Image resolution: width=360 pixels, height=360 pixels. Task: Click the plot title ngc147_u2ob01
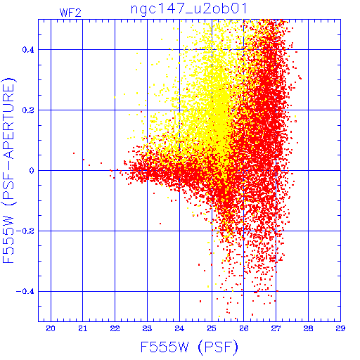click(x=188, y=9)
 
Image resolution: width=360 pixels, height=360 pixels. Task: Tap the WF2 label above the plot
click(x=70, y=13)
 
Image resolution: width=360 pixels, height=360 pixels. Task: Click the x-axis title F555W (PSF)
click(x=189, y=347)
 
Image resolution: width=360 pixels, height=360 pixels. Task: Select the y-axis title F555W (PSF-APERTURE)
click(x=8, y=171)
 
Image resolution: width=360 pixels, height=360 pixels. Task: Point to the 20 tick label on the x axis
click(x=51, y=328)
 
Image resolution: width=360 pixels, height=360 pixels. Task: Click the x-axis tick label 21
click(x=83, y=328)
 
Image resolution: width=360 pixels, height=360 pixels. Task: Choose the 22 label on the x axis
click(x=115, y=328)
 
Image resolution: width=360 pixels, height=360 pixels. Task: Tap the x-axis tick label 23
click(x=147, y=328)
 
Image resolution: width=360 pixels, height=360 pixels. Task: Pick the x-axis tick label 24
click(x=179, y=328)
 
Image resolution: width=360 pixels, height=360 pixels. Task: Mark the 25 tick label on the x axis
click(x=212, y=328)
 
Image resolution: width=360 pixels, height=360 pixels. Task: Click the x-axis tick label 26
click(x=244, y=328)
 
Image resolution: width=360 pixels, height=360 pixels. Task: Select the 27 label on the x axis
click(x=276, y=328)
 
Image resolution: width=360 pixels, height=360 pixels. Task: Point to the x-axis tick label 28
click(x=308, y=328)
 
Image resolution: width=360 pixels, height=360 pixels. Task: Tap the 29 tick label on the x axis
click(x=340, y=328)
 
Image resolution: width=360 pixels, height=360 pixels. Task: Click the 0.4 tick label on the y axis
click(x=28, y=50)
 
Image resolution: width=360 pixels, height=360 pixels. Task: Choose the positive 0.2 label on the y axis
click(x=28, y=110)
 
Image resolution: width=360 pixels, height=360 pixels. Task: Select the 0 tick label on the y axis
click(x=32, y=171)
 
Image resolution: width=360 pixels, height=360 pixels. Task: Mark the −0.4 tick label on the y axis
click(x=25, y=292)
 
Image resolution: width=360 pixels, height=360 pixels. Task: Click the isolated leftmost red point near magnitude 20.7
click(x=74, y=153)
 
